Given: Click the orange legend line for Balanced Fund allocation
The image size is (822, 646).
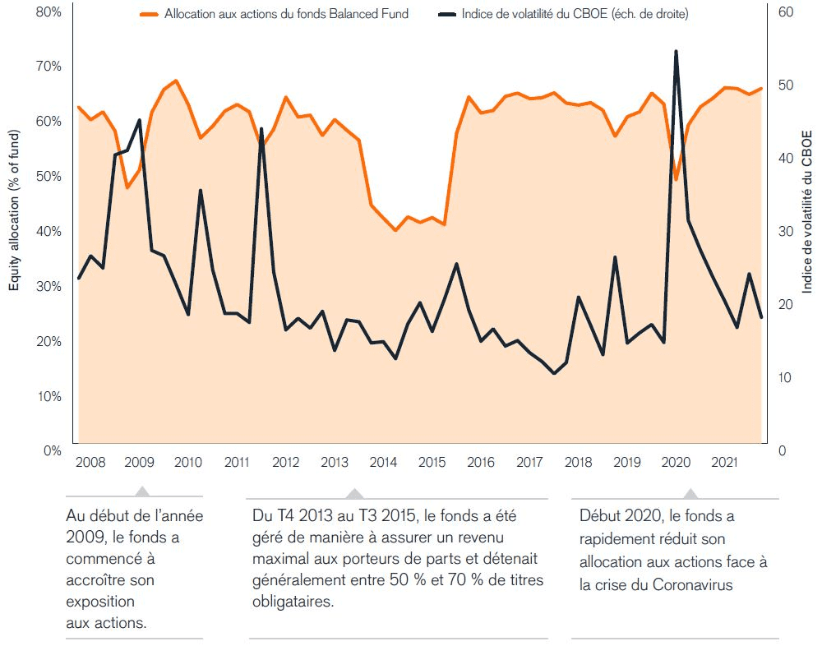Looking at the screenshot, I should [148, 14].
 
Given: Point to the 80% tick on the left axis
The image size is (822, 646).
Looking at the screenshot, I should [50, 12].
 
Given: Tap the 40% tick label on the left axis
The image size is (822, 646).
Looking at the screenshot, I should [50, 232].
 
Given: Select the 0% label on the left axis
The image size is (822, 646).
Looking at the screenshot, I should [53, 451].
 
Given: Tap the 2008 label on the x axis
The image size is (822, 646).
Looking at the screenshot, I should [90, 462].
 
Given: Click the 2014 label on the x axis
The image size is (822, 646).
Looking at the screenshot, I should [383, 462].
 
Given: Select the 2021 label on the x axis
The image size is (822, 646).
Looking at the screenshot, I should [723, 462].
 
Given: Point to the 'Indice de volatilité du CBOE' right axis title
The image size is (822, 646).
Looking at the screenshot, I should [807, 211].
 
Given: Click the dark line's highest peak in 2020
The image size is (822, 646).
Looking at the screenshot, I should [676, 51].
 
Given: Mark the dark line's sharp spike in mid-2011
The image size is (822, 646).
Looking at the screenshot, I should [261, 129].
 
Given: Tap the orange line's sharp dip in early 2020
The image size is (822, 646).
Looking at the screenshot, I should [676, 179].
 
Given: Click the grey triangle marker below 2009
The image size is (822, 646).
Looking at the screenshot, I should [142, 491].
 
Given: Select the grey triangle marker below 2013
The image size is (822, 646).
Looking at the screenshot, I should [354, 493].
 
